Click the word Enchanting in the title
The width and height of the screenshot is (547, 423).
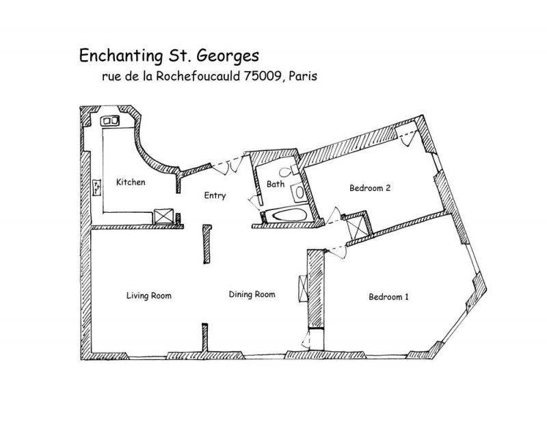tap(122, 56)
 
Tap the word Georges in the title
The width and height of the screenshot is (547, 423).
tap(228, 56)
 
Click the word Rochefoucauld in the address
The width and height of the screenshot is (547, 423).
tap(198, 76)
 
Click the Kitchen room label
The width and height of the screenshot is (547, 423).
tap(131, 182)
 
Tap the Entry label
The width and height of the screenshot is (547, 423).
tap(215, 196)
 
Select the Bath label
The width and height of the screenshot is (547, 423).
tap(276, 183)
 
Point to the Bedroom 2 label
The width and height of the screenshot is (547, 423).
tap(370, 188)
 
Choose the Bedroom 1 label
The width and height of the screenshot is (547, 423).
tap(388, 297)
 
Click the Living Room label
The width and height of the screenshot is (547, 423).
tap(149, 296)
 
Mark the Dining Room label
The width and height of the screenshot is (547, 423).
tap(252, 294)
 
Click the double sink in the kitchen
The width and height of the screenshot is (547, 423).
tap(110, 121)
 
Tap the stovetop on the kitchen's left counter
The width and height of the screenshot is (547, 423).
tap(97, 188)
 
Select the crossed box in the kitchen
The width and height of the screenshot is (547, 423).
tap(163, 216)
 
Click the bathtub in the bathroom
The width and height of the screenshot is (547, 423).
tap(289, 214)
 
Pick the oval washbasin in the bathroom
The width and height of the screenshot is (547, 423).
tap(299, 192)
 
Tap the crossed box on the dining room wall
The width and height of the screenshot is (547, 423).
tap(302, 288)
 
